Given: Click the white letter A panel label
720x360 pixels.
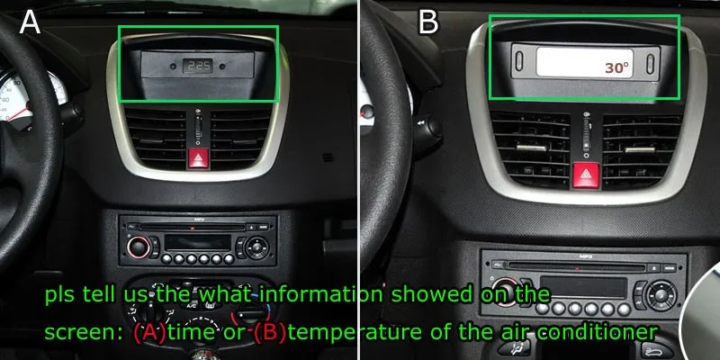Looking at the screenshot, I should click(30, 21).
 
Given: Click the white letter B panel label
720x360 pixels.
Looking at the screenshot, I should click(428, 21).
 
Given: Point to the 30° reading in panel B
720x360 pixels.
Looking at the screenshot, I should click(616, 67).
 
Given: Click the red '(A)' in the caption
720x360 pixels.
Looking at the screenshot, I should click(148, 331).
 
